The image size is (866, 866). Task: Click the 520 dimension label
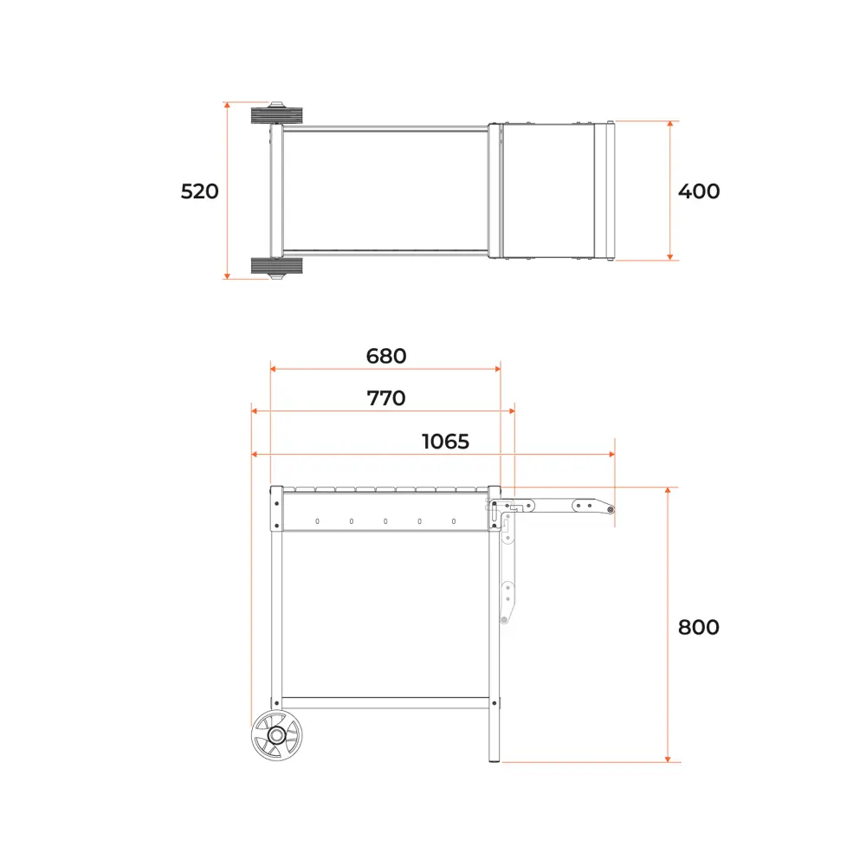coord(199,191)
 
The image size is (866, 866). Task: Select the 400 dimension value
coord(699,191)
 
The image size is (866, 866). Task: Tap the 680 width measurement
coord(386,356)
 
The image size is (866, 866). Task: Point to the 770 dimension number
coord(386,398)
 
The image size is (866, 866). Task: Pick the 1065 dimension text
coord(446,442)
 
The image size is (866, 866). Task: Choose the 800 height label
coord(699,627)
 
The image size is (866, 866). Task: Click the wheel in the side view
coord(277,735)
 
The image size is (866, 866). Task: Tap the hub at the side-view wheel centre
coord(277,735)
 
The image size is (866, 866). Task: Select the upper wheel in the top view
coord(277,114)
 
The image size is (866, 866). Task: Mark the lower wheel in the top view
coord(277,267)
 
